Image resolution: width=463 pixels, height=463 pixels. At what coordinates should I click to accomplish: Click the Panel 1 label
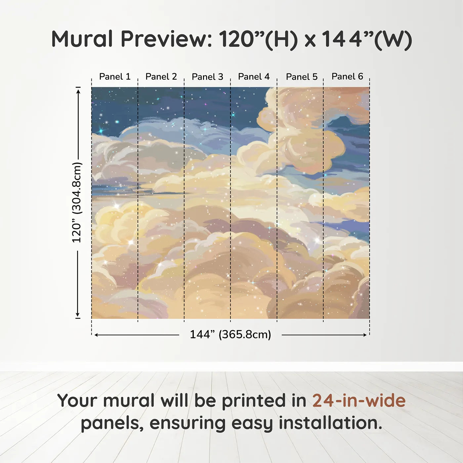(x=115, y=77)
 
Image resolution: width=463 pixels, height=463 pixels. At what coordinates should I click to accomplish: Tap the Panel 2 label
(x=161, y=77)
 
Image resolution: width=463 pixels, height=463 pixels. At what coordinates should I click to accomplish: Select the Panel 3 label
(x=208, y=77)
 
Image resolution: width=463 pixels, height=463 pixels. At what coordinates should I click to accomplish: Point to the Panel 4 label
(x=254, y=77)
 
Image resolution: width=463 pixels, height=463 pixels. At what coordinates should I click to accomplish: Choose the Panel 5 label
(x=302, y=77)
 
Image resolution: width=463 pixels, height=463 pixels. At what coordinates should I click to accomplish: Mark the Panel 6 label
(x=348, y=76)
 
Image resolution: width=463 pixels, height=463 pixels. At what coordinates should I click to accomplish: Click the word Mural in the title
(x=82, y=39)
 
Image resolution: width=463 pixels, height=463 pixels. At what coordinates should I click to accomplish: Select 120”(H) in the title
(x=258, y=40)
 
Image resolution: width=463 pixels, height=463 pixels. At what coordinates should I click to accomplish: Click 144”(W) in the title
(x=367, y=40)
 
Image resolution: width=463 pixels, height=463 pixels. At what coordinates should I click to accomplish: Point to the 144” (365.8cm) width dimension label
(x=231, y=334)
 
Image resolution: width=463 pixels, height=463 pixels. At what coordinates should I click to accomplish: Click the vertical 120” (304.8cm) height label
(x=77, y=202)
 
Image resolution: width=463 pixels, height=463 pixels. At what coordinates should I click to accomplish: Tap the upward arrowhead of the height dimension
(x=78, y=91)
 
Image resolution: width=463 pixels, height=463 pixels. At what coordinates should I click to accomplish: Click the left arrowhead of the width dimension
(x=97, y=335)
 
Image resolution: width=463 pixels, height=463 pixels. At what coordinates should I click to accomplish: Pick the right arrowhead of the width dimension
(x=364, y=335)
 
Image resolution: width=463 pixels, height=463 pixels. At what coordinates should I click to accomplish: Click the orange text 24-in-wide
(x=359, y=400)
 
